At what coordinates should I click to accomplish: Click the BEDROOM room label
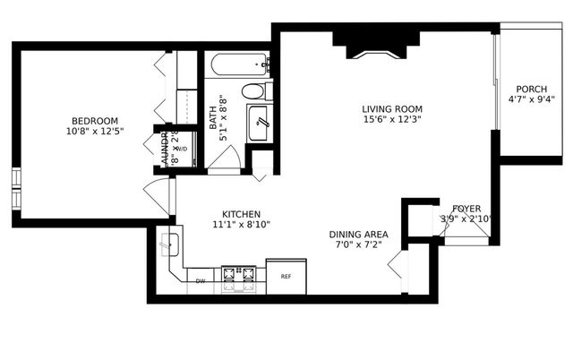coord(95,121)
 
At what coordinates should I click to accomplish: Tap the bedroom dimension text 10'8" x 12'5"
coord(95,132)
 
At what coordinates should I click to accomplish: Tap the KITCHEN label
coord(241,215)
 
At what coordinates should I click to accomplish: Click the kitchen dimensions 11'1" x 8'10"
coord(241,226)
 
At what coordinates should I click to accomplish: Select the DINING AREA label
coord(359,233)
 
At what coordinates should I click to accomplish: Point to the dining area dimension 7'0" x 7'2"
coord(359,244)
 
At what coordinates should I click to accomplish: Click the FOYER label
coord(466,208)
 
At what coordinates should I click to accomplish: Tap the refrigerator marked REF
coord(286,277)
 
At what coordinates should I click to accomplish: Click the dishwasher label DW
coord(201,281)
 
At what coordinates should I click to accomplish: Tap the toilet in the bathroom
coord(254,90)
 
